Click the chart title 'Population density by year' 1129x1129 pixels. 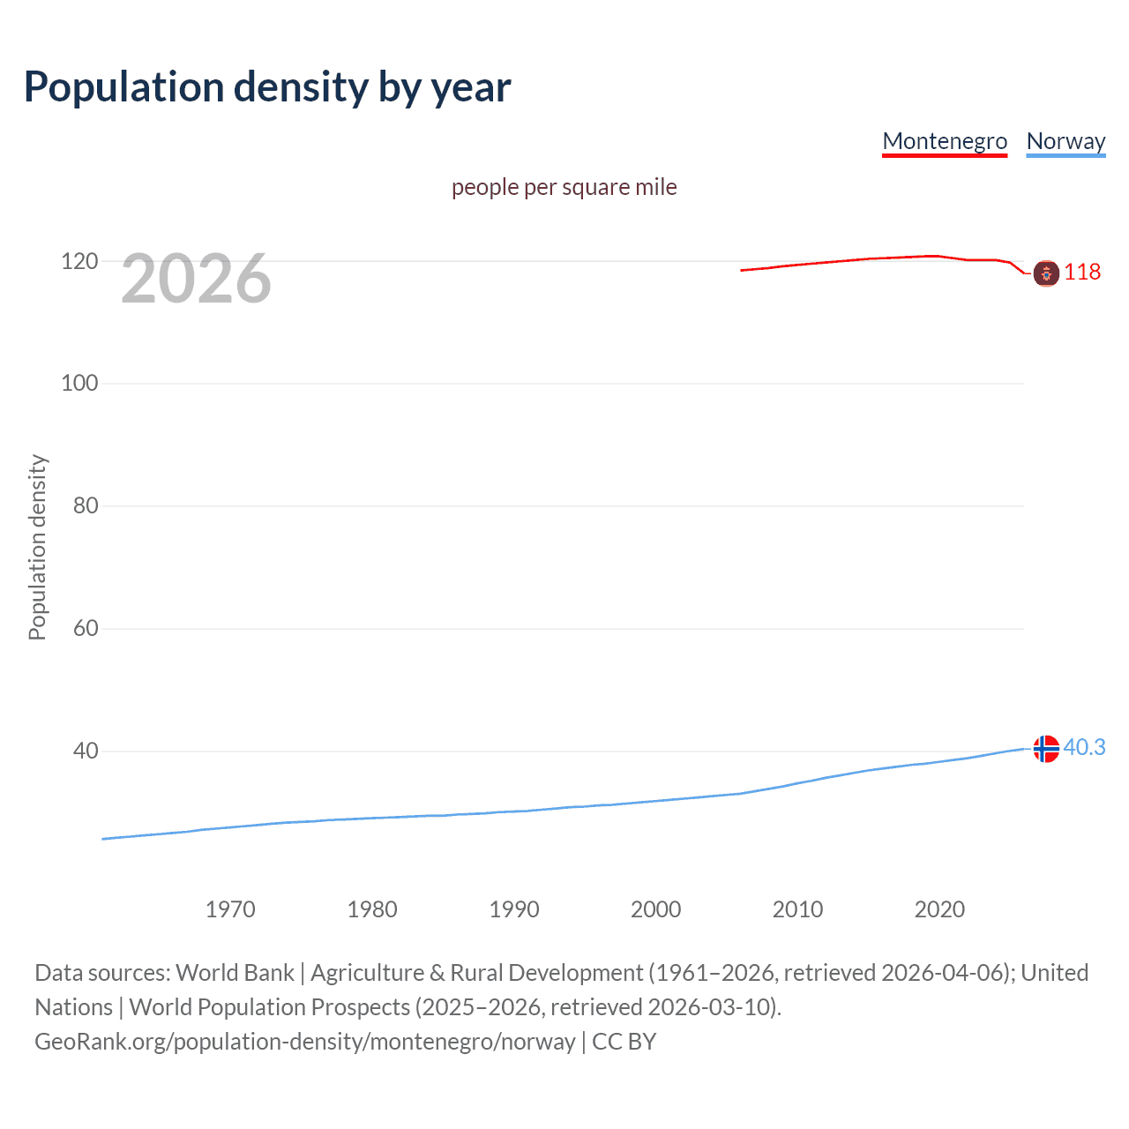pyautogui.click(x=267, y=87)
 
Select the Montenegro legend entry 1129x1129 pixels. pyautogui.click(x=945, y=141)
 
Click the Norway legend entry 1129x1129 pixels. pyautogui.click(x=1065, y=141)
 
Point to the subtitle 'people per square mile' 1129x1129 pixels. pyautogui.click(x=564, y=188)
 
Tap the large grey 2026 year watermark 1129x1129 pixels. pyautogui.click(x=196, y=279)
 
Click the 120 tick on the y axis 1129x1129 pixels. pyautogui.click(x=79, y=261)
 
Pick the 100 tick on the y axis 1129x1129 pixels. pyautogui.click(x=79, y=384)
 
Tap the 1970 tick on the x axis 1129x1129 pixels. pyautogui.click(x=230, y=909)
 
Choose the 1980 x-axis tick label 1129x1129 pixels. pyautogui.click(x=372, y=909)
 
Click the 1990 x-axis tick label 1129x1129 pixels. pyautogui.click(x=514, y=909)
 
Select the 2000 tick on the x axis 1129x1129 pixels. pyautogui.click(x=655, y=909)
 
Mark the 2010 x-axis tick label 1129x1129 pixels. pyautogui.click(x=797, y=909)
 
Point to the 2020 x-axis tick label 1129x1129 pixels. pyautogui.click(x=939, y=909)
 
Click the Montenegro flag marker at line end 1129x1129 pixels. pyautogui.click(x=1046, y=273)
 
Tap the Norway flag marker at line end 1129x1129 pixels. pyautogui.click(x=1046, y=749)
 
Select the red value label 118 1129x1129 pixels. pyautogui.click(x=1082, y=272)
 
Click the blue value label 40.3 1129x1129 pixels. pyautogui.click(x=1084, y=748)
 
